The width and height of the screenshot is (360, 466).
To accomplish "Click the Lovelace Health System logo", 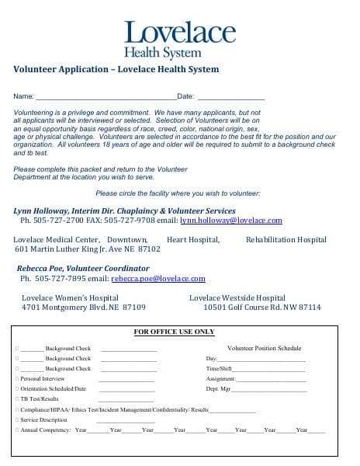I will coord(179,39).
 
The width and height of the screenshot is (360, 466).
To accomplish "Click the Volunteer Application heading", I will coord(116,69).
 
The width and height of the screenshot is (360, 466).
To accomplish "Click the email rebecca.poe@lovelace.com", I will coord(157,278).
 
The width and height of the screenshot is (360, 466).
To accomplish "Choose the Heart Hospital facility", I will coord(193,240).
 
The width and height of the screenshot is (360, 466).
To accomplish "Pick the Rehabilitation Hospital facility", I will coord(286,240).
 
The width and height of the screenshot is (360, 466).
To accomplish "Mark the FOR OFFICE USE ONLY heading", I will coord(174,332).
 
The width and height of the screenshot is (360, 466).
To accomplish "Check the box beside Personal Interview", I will coord(16,378).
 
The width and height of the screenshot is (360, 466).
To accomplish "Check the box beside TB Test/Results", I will coord(16,398).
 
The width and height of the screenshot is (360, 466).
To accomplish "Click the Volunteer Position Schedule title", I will coord(264,348).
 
